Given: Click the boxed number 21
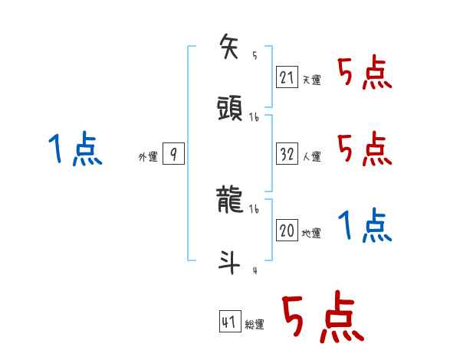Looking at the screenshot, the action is click(x=287, y=77).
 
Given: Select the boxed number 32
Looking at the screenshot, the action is click(x=287, y=154).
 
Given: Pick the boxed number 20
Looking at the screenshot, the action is click(x=287, y=231).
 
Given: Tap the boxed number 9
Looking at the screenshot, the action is click(x=173, y=155).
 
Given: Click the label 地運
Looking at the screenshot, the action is click(x=311, y=234).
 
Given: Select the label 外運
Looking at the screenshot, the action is click(x=147, y=157).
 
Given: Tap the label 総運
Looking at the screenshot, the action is click(x=255, y=325).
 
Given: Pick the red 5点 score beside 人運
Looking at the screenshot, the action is click(x=364, y=148).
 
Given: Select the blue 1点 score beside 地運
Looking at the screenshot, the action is click(x=364, y=226).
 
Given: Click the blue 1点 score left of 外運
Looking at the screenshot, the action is click(x=74, y=149).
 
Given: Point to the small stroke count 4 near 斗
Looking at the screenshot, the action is click(x=254, y=270).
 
